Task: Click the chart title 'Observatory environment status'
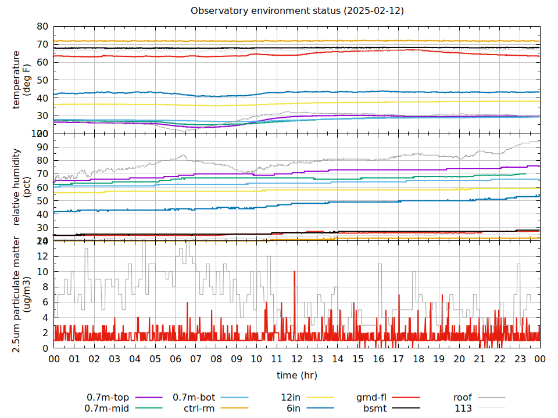tap(297, 10)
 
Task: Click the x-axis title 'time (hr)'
tap(297, 375)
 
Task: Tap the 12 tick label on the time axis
tap(297, 359)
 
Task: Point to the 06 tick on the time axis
tap(176, 359)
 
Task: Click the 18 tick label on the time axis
tap(419, 359)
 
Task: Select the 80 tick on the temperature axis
tap(42, 27)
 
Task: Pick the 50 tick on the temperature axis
tap(42, 80)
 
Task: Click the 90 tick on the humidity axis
tap(42, 147)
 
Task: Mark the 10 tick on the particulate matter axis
tap(42, 272)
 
